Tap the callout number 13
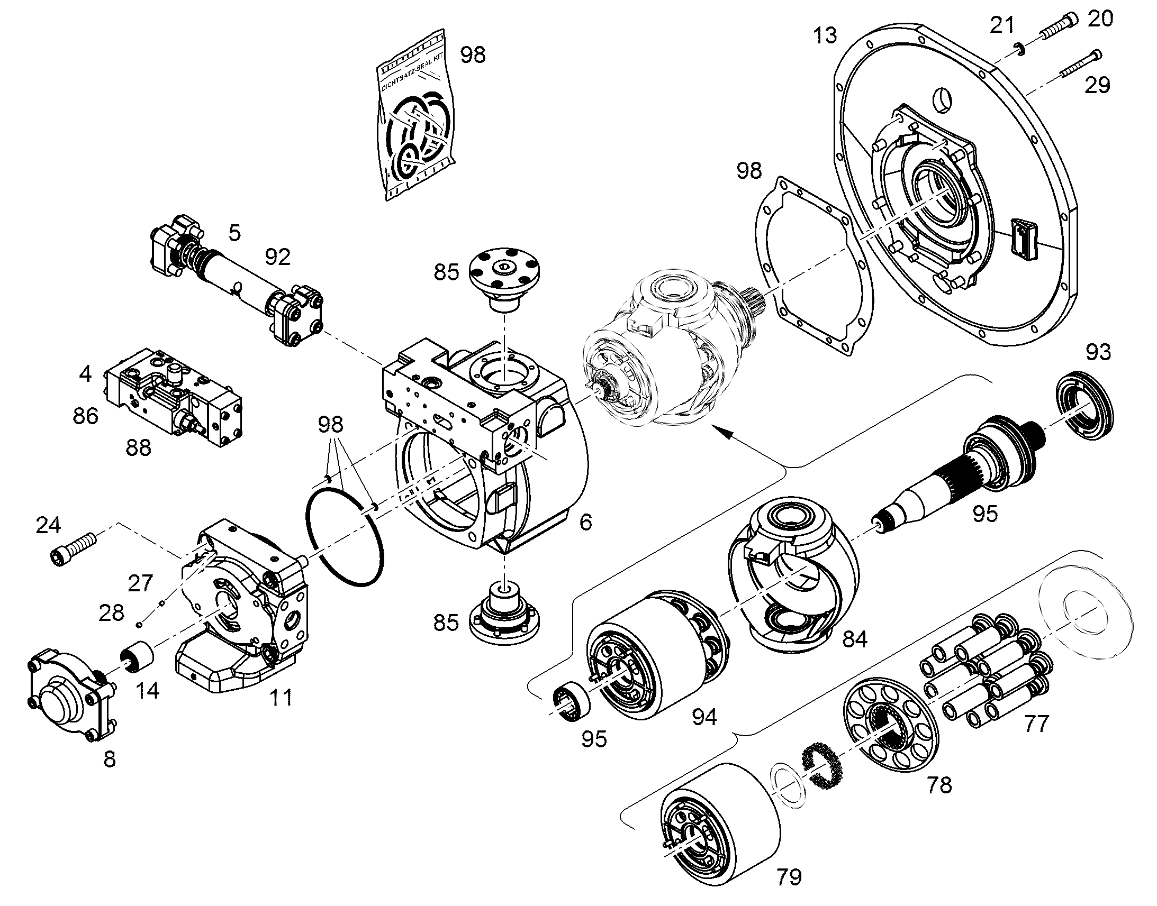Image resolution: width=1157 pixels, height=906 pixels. coord(825,35)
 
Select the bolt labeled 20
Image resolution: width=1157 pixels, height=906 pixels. coord(1059,26)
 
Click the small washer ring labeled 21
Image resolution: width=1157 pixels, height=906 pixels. coord(1018,49)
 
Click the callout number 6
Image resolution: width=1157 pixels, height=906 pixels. coord(585,523)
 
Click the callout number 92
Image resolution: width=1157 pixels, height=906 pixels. coord(277,257)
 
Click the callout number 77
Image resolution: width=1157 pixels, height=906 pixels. coord(1036,724)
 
